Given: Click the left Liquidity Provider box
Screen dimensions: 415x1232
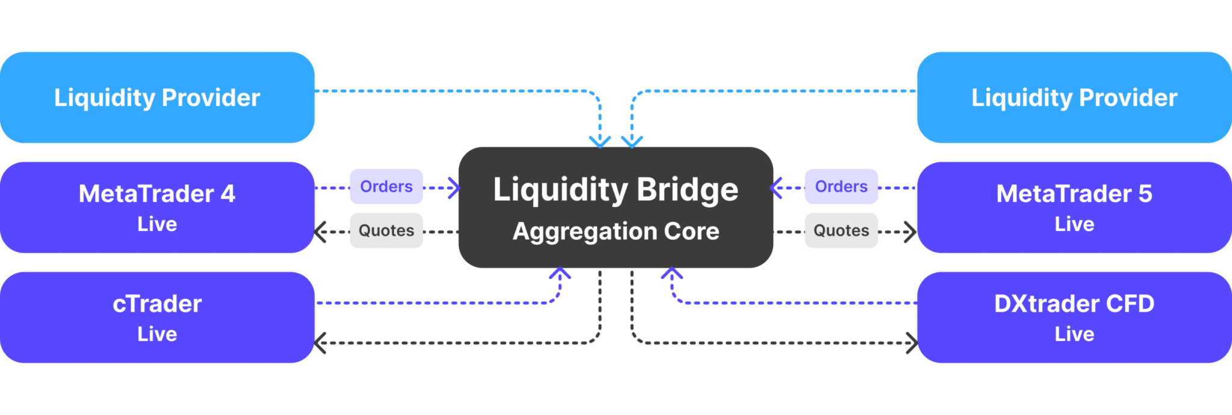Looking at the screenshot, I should [x=157, y=97].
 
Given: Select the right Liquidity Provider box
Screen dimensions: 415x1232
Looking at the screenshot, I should [x=1074, y=97].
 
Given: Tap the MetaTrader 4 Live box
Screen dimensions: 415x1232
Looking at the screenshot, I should [x=157, y=207].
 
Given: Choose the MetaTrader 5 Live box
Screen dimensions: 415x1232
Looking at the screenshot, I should [x=1074, y=207].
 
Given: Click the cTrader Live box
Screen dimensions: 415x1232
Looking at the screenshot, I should [x=157, y=317].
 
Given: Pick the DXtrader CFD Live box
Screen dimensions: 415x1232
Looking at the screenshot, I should [x=1074, y=317].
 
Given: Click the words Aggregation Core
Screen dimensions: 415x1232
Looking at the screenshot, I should [x=615, y=232].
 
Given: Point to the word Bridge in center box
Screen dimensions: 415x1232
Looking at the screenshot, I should [x=687, y=190].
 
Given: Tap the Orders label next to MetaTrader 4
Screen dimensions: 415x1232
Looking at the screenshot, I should [x=386, y=186].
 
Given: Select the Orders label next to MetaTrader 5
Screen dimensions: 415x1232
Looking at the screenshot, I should [x=841, y=186].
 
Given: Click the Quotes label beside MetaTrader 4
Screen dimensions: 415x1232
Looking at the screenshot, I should [x=386, y=230].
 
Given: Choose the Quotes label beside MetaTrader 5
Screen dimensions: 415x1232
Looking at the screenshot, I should [x=841, y=230].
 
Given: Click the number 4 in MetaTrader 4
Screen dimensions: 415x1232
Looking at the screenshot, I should [x=228, y=194].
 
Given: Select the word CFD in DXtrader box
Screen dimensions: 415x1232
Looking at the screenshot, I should [x=1130, y=304].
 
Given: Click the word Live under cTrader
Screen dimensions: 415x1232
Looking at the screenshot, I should [x=157, y=334].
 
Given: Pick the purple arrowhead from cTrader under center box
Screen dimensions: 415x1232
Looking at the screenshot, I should [x=560, y=274].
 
